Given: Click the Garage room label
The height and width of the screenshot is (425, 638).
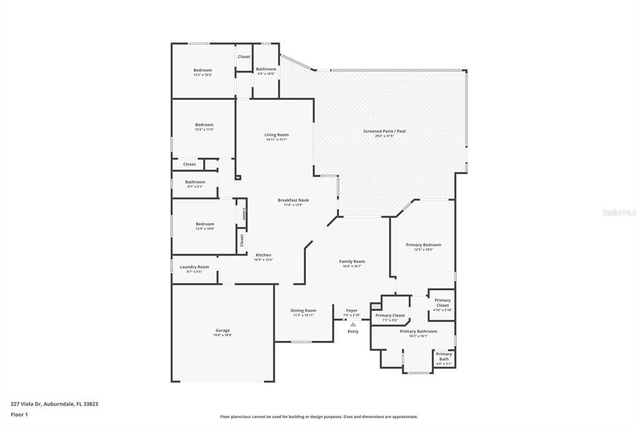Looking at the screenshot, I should tap(223, 330).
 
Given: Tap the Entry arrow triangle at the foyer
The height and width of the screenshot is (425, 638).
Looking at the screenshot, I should tap(353, 324).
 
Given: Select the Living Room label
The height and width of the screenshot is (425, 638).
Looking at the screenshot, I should tap(277, 135).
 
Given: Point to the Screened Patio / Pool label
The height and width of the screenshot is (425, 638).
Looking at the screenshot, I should tap(384, 131).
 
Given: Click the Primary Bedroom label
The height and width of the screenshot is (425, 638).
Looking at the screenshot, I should tap(424, 245).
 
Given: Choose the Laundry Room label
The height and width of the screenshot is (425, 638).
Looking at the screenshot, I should tap(194, 267).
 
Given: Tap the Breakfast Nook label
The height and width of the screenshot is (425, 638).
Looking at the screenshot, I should tap(293, 200).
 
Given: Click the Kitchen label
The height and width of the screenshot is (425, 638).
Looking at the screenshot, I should tap(264, 255).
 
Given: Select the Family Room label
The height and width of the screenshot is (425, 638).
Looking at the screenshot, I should tap(352, 261).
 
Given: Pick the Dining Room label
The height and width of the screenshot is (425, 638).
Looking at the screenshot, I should tap(303, 310).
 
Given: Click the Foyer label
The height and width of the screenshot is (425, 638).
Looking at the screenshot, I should tap(352, 310).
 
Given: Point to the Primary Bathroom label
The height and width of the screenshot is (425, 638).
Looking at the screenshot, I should tap(418, 332).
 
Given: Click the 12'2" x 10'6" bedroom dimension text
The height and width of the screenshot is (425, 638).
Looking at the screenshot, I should tap(203, 75).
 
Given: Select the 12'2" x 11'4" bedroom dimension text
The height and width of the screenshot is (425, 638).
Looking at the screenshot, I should tap(204, 130).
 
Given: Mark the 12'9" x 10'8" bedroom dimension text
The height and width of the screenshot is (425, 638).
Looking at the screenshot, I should tap(205, 229).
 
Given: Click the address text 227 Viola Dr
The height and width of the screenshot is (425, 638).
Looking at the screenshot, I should tap(54, 404).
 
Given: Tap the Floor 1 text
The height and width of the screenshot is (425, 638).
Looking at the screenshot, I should tap(19, 414).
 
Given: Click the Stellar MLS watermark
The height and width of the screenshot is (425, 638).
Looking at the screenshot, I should tap(619, 212).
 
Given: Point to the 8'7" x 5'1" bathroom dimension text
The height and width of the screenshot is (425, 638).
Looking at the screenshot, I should tap(195, 186).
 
